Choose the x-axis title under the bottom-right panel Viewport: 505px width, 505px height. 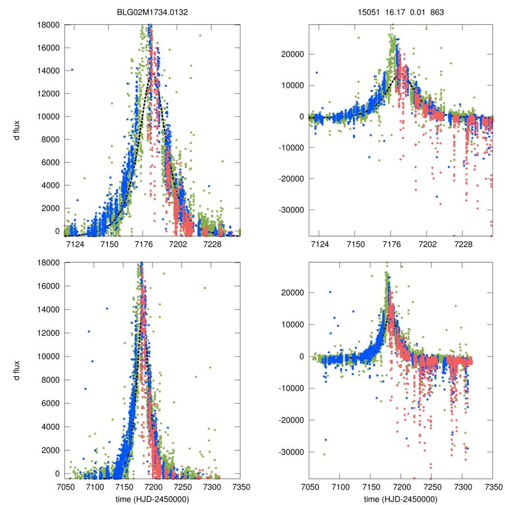point(400,499)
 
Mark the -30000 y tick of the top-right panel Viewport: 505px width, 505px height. point(292,210)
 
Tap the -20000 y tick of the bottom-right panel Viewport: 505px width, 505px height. point(292,420)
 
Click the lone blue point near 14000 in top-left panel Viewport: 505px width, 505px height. point(72,70)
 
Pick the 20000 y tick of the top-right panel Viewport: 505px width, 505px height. point(294,54)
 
